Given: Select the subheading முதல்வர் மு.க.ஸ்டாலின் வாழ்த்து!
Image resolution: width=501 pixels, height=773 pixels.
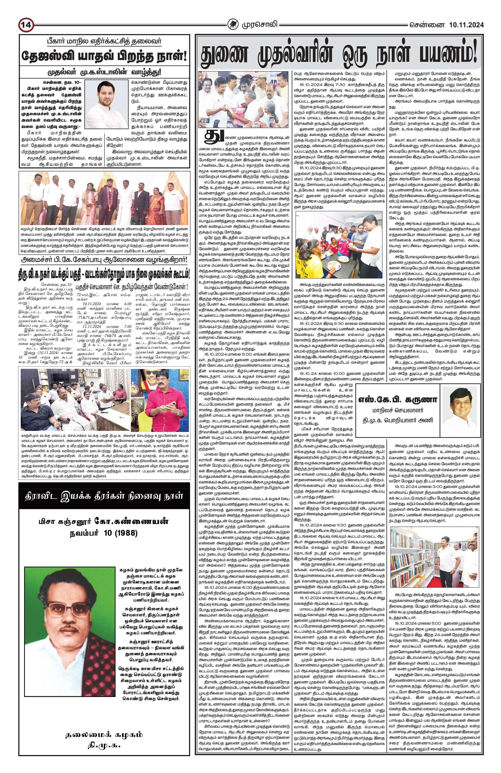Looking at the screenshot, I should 104,72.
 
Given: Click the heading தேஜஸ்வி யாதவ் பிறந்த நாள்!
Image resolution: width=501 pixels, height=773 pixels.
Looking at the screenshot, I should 104,55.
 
